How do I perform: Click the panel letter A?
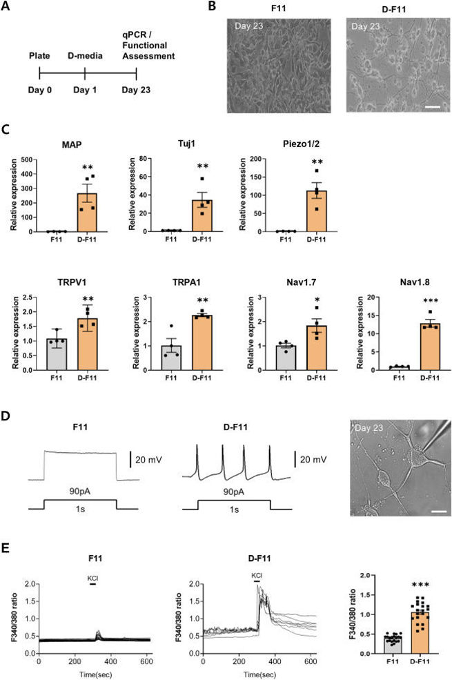[12, 10]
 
